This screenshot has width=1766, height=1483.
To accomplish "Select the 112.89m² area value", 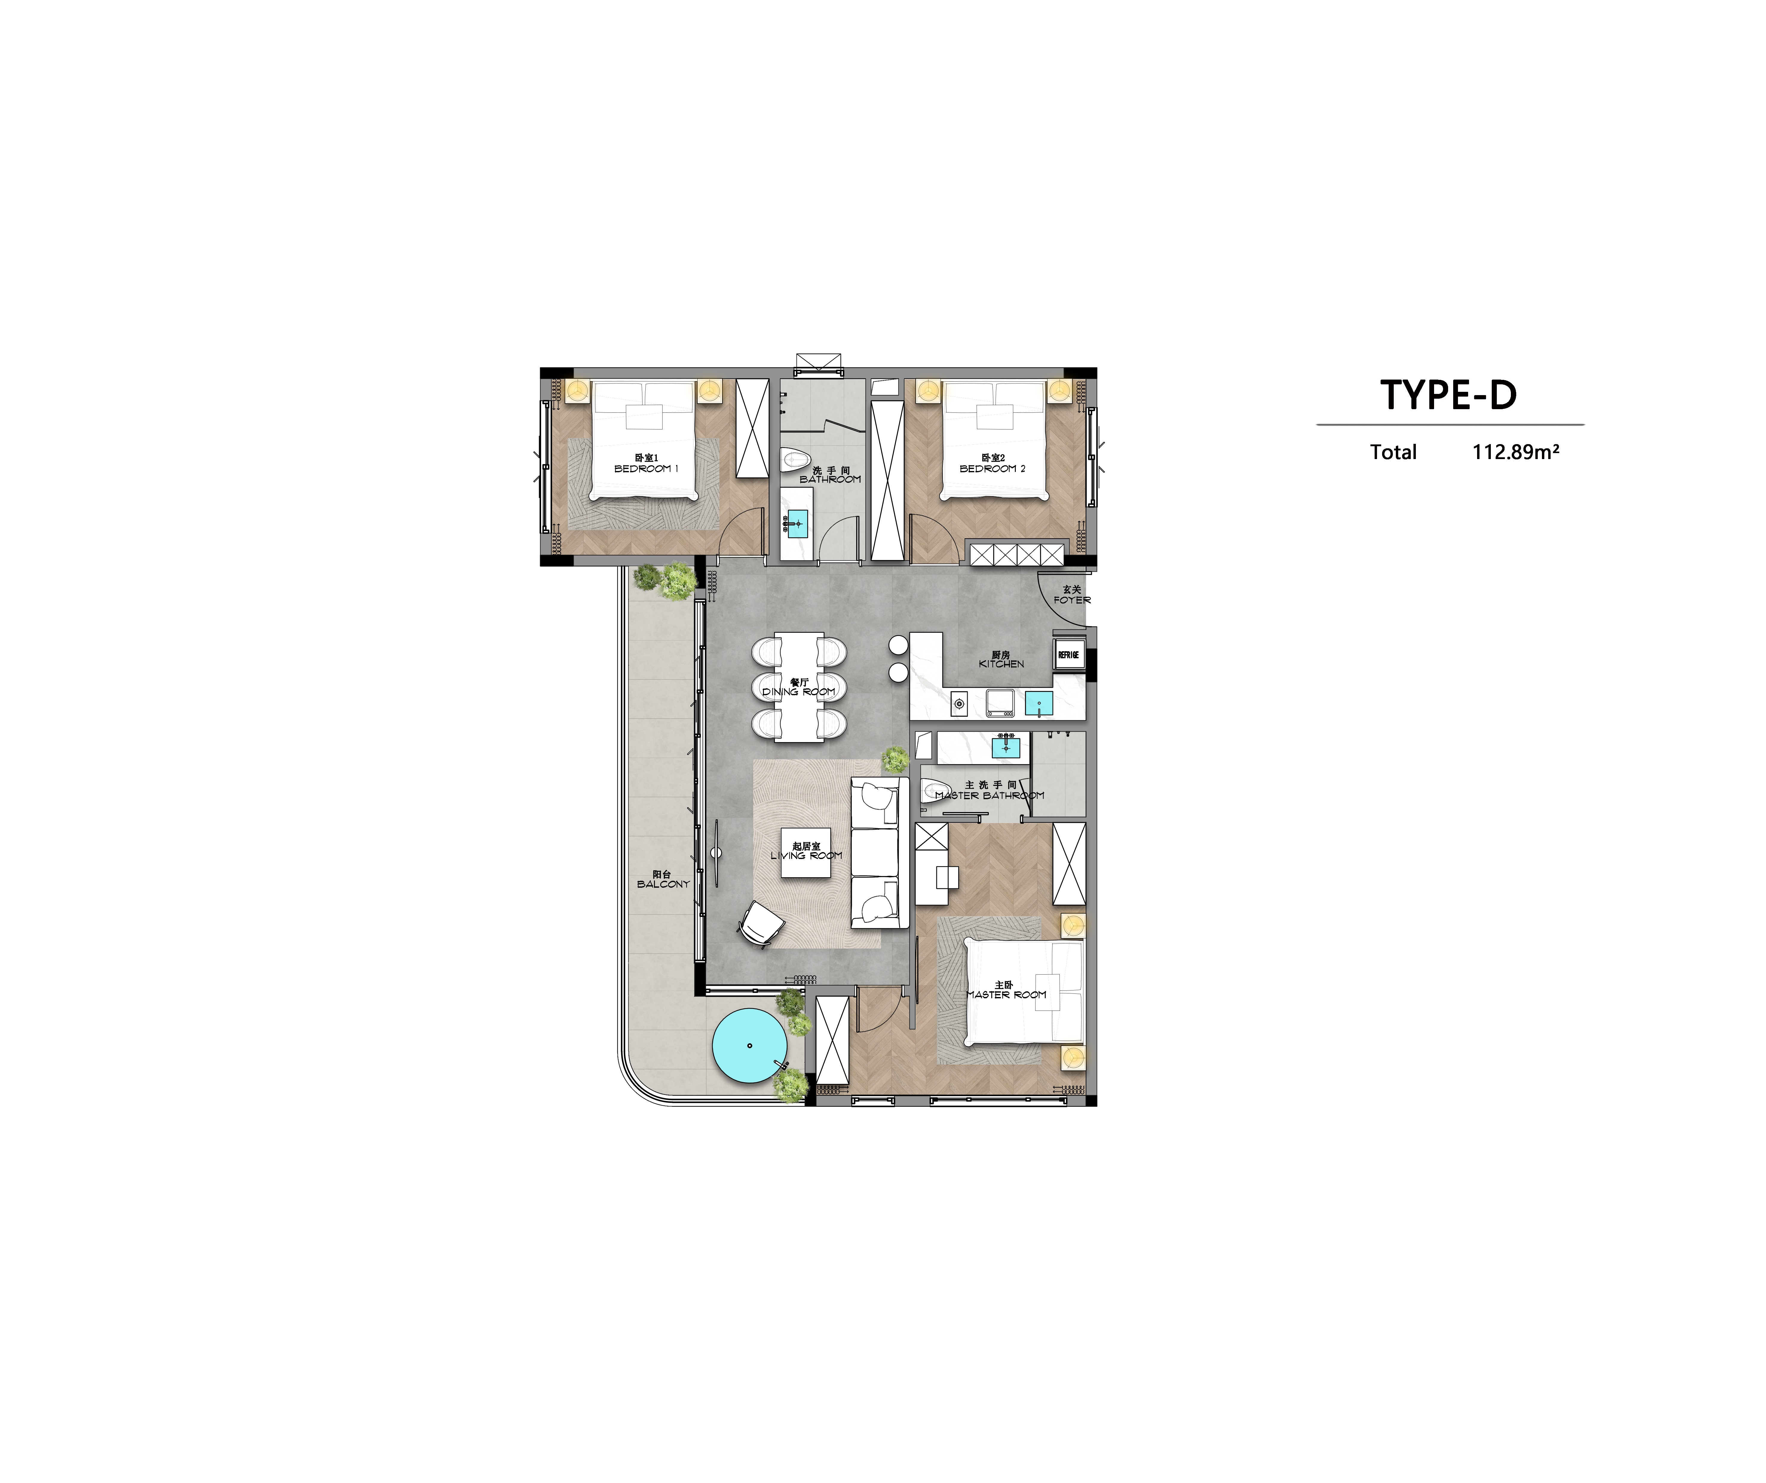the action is coord(1515,452).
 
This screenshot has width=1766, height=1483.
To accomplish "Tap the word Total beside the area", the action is coord(1393,452).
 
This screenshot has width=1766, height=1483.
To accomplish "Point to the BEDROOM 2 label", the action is coord(992,469).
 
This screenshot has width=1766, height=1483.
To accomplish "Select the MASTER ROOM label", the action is coord(1006,994).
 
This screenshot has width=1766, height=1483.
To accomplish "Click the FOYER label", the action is coord(1072,600).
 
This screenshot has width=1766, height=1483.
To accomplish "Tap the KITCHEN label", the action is coord(1001,664).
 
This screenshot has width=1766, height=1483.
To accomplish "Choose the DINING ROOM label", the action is coord(799,692).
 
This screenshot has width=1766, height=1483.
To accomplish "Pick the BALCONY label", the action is coord(663,884).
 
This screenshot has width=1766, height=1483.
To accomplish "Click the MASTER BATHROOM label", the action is coord(990,795).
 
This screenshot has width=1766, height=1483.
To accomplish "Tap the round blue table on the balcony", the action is coord(749,1045).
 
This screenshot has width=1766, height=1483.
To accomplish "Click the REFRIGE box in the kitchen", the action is coord(1068,655).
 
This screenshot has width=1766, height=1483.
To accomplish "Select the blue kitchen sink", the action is coord(1039,703).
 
